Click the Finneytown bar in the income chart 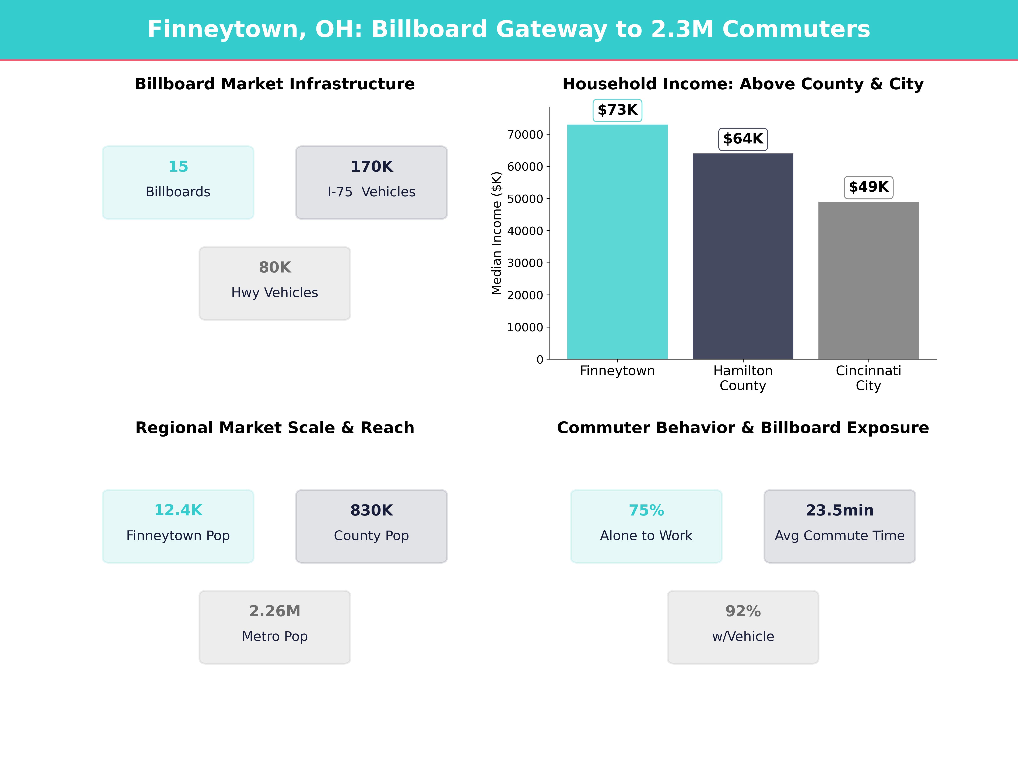point(617,242)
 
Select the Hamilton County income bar point(743,256)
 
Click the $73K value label point(617,110)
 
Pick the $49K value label point(868,187)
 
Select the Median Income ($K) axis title point(496,233)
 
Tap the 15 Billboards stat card point(178,182)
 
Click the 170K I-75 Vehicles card point(371,182)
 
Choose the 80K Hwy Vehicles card point(275,283)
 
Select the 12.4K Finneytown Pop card point(178,526)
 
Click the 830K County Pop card point(371,526)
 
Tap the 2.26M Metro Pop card point(275,627)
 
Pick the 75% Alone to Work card point(646,526)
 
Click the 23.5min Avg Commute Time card point(839,526)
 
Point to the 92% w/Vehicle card point(743,627)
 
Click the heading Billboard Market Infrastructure point(275,84)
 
